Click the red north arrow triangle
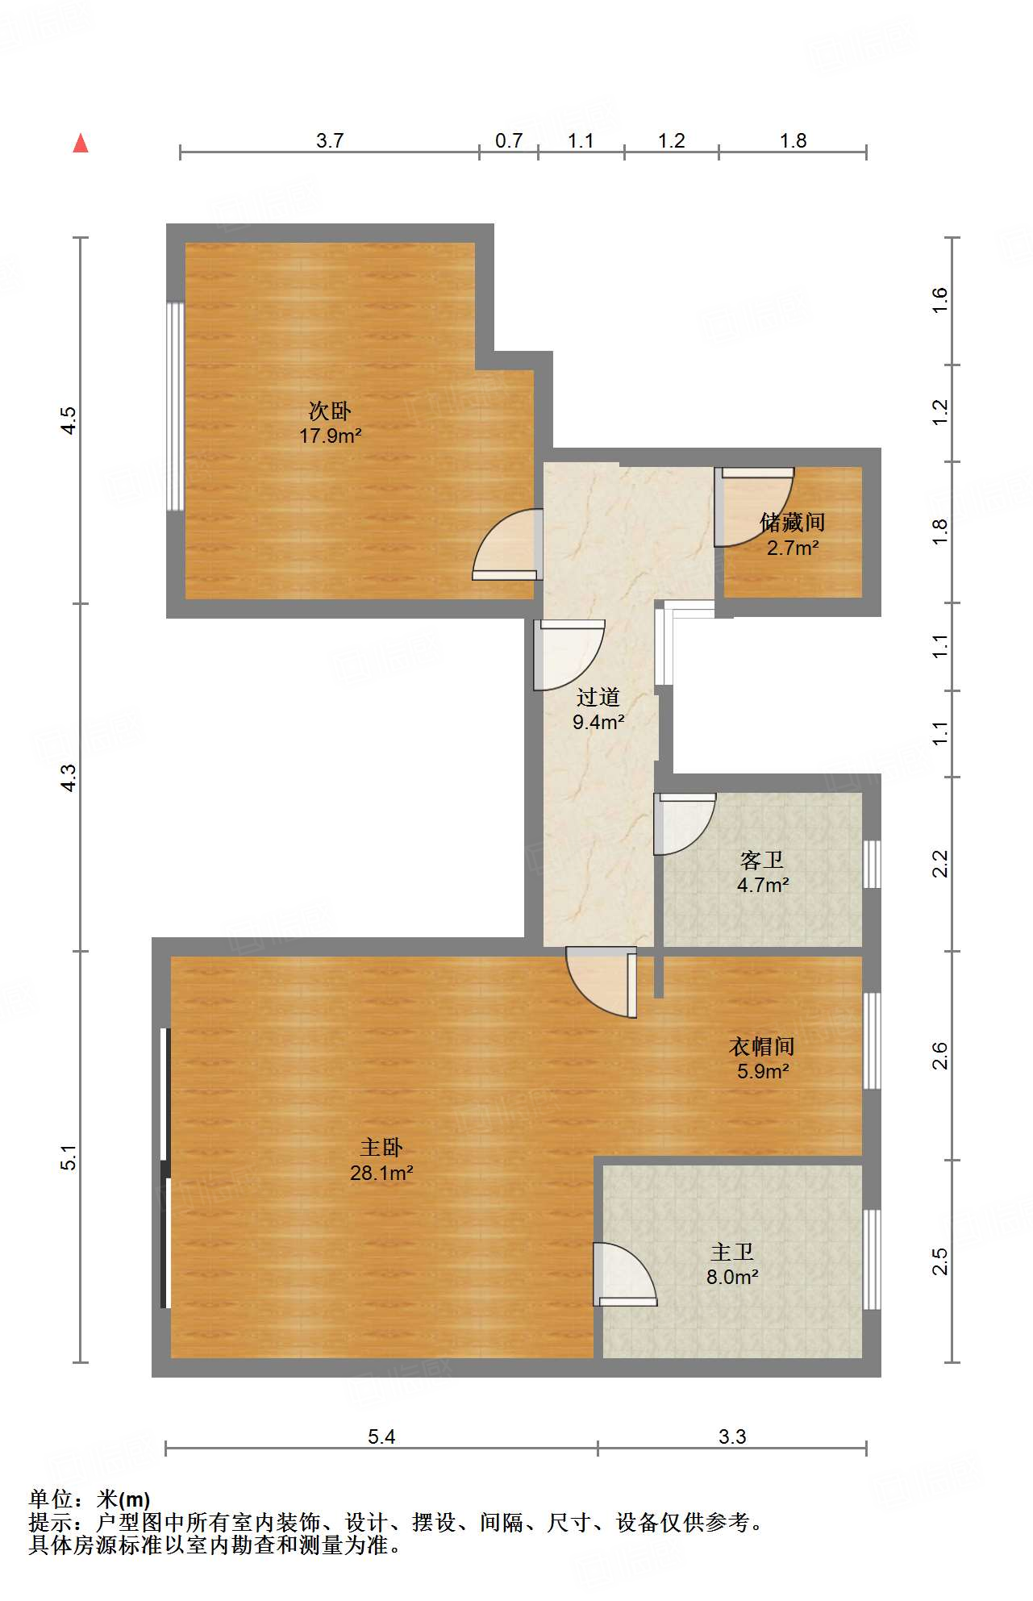tap(81, 143)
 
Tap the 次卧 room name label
tap(330, 411)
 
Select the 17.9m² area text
tap(331, 436)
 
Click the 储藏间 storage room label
tap(793, 523)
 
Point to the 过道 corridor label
tap(598, 697)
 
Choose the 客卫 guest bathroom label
tap(762, 860)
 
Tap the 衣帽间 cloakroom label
tap(762, 1046)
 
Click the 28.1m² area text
tap(381, 1173)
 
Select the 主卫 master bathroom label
tap(732, 1252)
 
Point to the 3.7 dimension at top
tap(330, 140)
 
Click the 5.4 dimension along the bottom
tap(381, 1436)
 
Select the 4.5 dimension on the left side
tap(69, 420)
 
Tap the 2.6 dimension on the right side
tap(940, 1056)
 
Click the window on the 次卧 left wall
tap(175, 406)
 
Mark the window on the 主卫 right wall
tap(872, 1259)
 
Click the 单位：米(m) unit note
tap(90, 1499)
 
